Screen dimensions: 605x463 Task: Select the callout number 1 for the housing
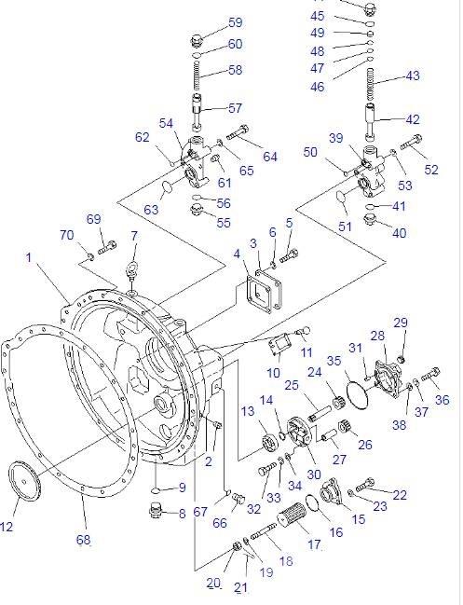coord(28,257)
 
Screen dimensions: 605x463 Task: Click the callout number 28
coord(377,337)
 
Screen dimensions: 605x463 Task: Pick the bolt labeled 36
coord(429,378)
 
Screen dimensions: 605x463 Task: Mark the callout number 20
coord(212,584)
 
